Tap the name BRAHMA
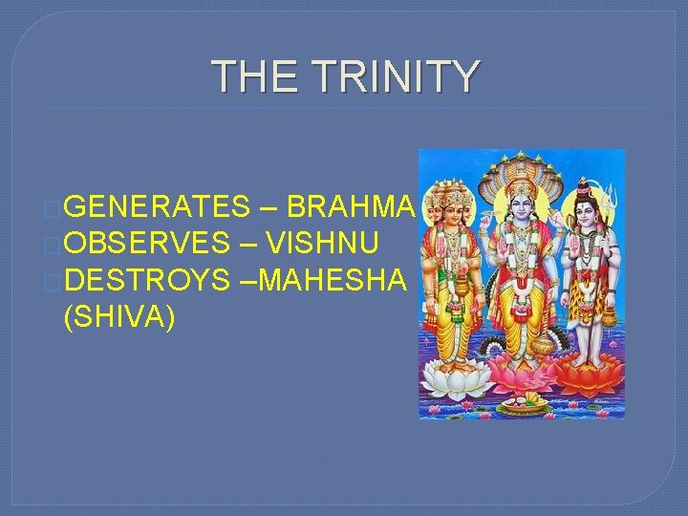[x=350, y=206]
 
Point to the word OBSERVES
[x=147, y=244]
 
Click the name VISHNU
[x=323, y=244]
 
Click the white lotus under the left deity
[x=455, y=378]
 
